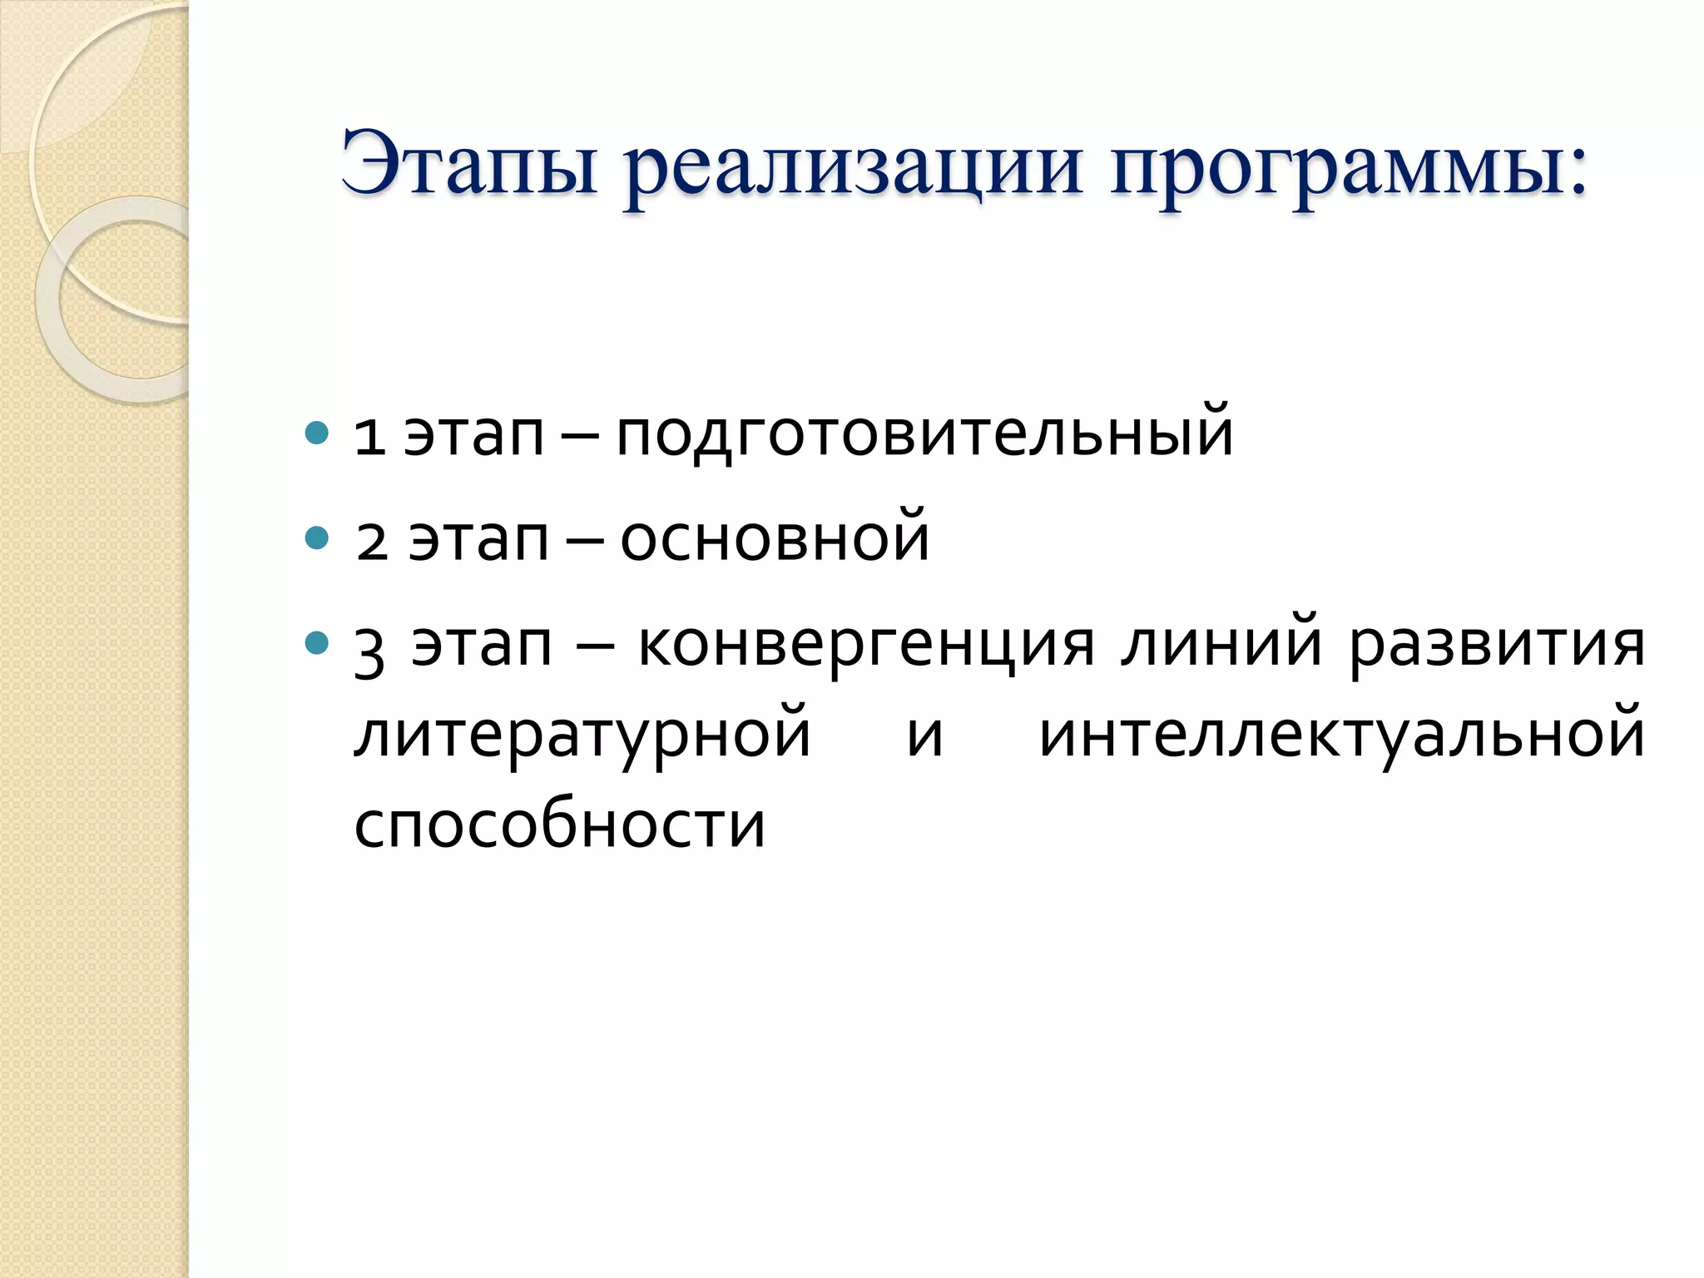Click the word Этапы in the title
coord(470,164)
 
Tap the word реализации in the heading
coord(854,171)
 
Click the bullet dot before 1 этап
coord(317,433)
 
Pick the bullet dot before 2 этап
coord(317,538)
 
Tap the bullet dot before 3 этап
coord(317,643)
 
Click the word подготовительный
coord(924,434)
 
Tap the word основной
coord(774,539)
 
